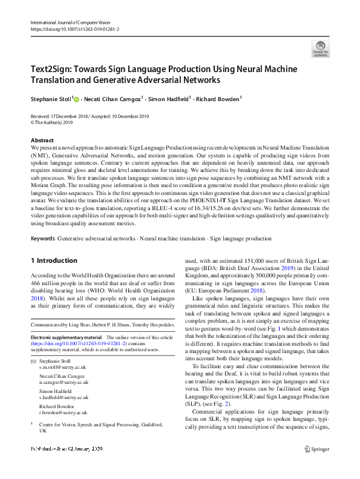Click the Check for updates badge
click(321, 49)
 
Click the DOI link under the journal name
click(75, 29)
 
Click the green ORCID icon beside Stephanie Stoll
click(77, 98)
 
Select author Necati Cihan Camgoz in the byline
click(113, 98)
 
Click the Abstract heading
click(42, 140)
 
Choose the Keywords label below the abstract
click(43, 239)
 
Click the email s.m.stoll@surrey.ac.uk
click(63, 368)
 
